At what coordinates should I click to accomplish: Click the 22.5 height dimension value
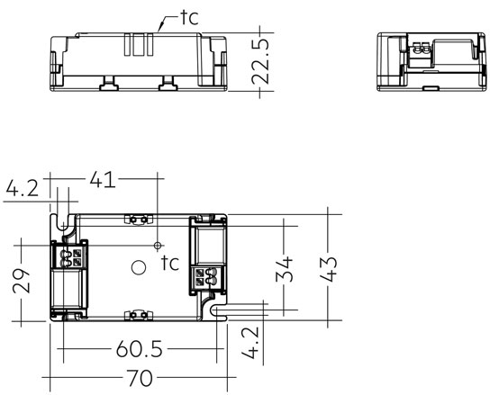pos(260,62)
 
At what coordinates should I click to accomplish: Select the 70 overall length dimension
pos(140,378)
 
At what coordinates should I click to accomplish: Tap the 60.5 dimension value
pos(140,349)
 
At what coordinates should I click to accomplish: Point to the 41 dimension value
pos(103,180)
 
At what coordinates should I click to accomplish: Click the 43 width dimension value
pos(328,269)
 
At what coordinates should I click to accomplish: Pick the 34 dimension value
pos(285,269)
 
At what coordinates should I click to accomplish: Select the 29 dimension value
pos(22,281)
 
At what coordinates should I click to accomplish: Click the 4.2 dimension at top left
pos(23,188)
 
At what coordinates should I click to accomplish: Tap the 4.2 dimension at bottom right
pos(250,343)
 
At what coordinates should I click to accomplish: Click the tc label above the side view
pos(190,17)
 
